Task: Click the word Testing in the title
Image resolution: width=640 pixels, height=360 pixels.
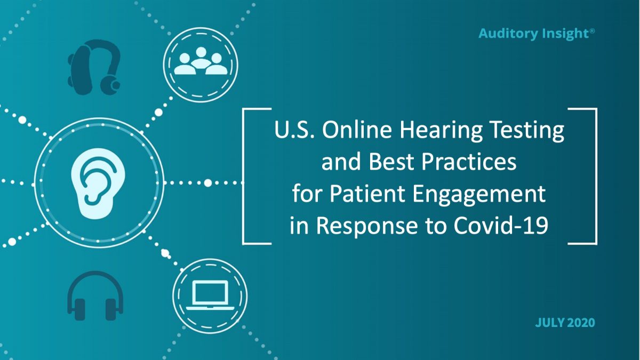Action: (530, 131)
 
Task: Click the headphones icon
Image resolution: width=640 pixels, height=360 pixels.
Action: (95, 296)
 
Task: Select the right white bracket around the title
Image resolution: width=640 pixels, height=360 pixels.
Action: (594, 176)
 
